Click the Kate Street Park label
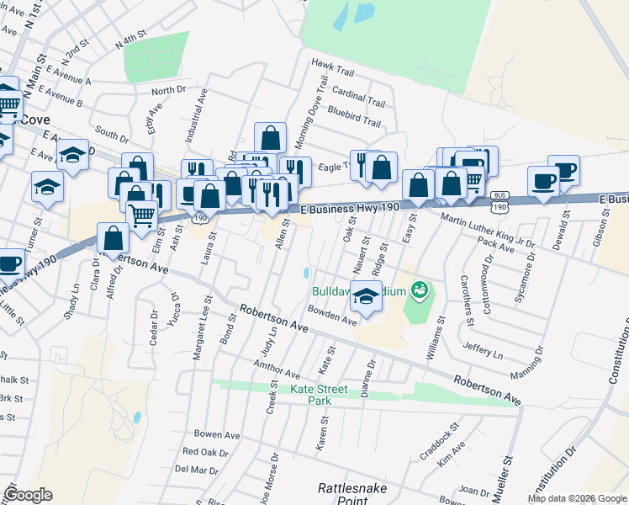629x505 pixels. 320,396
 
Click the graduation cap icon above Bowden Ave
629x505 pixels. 366,297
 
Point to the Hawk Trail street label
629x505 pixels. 330,63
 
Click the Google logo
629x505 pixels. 28,495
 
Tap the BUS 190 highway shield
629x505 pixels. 499,202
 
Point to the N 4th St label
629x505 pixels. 131,40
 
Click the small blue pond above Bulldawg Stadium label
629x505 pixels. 307,274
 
